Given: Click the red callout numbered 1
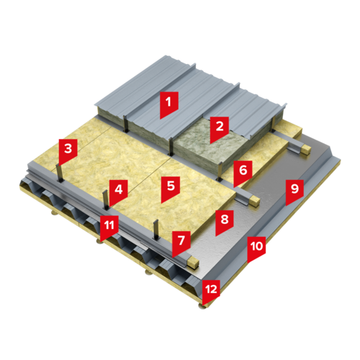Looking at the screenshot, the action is pos(169,103).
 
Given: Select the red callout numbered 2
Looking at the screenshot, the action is pos(220,128).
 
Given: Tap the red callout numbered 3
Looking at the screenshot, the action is pos(68,150).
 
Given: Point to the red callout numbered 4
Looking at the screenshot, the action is pos(118,192).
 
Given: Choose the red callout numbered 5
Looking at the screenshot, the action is pos(171,188).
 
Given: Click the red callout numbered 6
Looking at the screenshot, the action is pos(243,172).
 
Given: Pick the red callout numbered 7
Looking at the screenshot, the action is pos(181,243).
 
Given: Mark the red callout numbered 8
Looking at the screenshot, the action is pos(225,221).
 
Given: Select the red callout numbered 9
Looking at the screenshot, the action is pos(294,191).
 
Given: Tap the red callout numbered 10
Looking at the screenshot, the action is pos(256,248).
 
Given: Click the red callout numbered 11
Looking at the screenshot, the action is pos(109,227).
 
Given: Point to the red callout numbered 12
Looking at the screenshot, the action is pos(211,291).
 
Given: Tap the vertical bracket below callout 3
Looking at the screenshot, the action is pos(59,174).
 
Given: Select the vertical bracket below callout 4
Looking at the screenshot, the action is pos(106,200).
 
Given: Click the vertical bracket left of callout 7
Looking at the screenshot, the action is pos(156,230).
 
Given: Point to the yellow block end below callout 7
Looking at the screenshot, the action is pos(194,263).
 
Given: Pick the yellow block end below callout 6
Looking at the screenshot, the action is pos(255,201).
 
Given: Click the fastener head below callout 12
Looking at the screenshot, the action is pos(203,307).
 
